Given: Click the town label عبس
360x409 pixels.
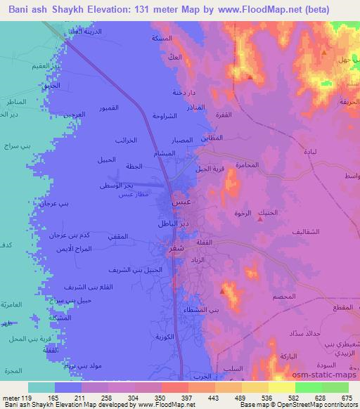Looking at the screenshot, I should [180, 202].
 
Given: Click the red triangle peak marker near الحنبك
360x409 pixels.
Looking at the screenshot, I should [262, 219].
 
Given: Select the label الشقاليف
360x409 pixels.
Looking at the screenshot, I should [306, 231].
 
